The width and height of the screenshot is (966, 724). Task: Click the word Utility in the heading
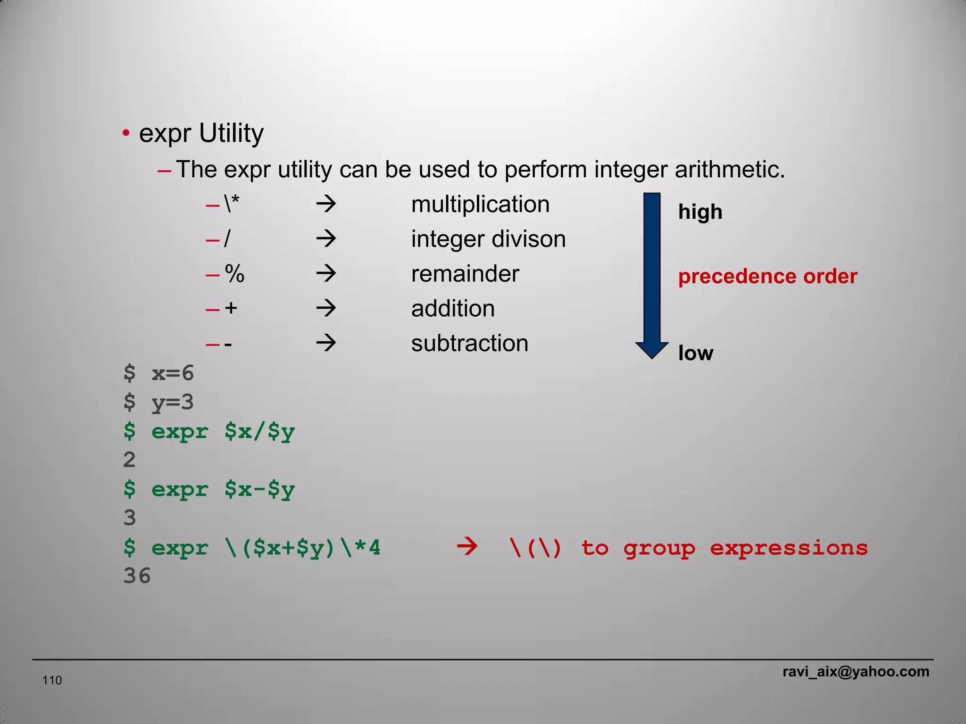[x=231, y=133]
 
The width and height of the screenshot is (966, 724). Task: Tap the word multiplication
[x=480, y=205]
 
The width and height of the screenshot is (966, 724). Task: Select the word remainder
[x=465, y=274]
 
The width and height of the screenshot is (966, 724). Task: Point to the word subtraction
[x=470, y=343]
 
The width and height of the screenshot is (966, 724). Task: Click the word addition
[x=453, y=309]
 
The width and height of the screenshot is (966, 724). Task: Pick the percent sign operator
[x=234, y=274]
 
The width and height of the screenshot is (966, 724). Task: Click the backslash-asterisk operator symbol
[x=232, y=205]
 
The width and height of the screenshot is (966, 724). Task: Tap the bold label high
[x=700, y=212]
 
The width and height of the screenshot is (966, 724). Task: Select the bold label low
[x=695, y=353]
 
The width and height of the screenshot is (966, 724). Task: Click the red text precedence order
[x=767, y=277]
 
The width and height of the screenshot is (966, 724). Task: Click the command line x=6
[x=172, y=373]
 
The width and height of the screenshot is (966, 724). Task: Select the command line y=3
[x=172, y=403]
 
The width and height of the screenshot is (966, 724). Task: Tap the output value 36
[x=137, y=576]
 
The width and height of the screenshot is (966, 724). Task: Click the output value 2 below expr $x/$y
[x=129, y=460]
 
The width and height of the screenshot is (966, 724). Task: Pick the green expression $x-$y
[x=259, y=490]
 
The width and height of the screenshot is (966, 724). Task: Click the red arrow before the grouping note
[x=467, y=547]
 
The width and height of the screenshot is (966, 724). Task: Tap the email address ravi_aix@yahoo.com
[x=856, y=672]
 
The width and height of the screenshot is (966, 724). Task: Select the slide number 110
[x=52, y=680]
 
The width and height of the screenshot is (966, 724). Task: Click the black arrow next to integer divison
[x=326, y=239]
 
